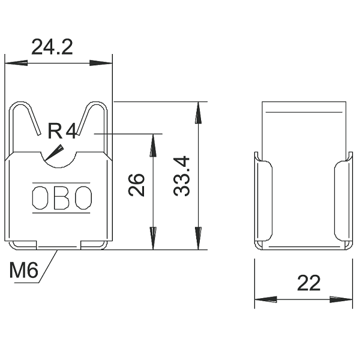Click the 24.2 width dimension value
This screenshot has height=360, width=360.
pos(52,47)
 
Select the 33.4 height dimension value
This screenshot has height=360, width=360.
pos(182,176)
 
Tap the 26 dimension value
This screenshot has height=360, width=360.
pos(136,185)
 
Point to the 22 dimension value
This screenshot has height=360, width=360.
pos(308,283)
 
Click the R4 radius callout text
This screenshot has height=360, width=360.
pos(62,131)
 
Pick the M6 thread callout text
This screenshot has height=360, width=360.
pos(23,270)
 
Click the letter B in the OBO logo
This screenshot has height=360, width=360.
pos(61,198)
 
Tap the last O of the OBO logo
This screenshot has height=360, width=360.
pos(83,198)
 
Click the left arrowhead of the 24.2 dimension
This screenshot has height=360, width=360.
pos(16,63)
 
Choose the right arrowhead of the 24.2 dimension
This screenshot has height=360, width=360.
pos(101,63)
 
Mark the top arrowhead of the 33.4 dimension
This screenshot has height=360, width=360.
pos(199,113)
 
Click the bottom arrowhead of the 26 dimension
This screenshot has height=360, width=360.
pos(153,238)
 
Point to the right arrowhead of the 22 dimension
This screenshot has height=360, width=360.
pos(341,299)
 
